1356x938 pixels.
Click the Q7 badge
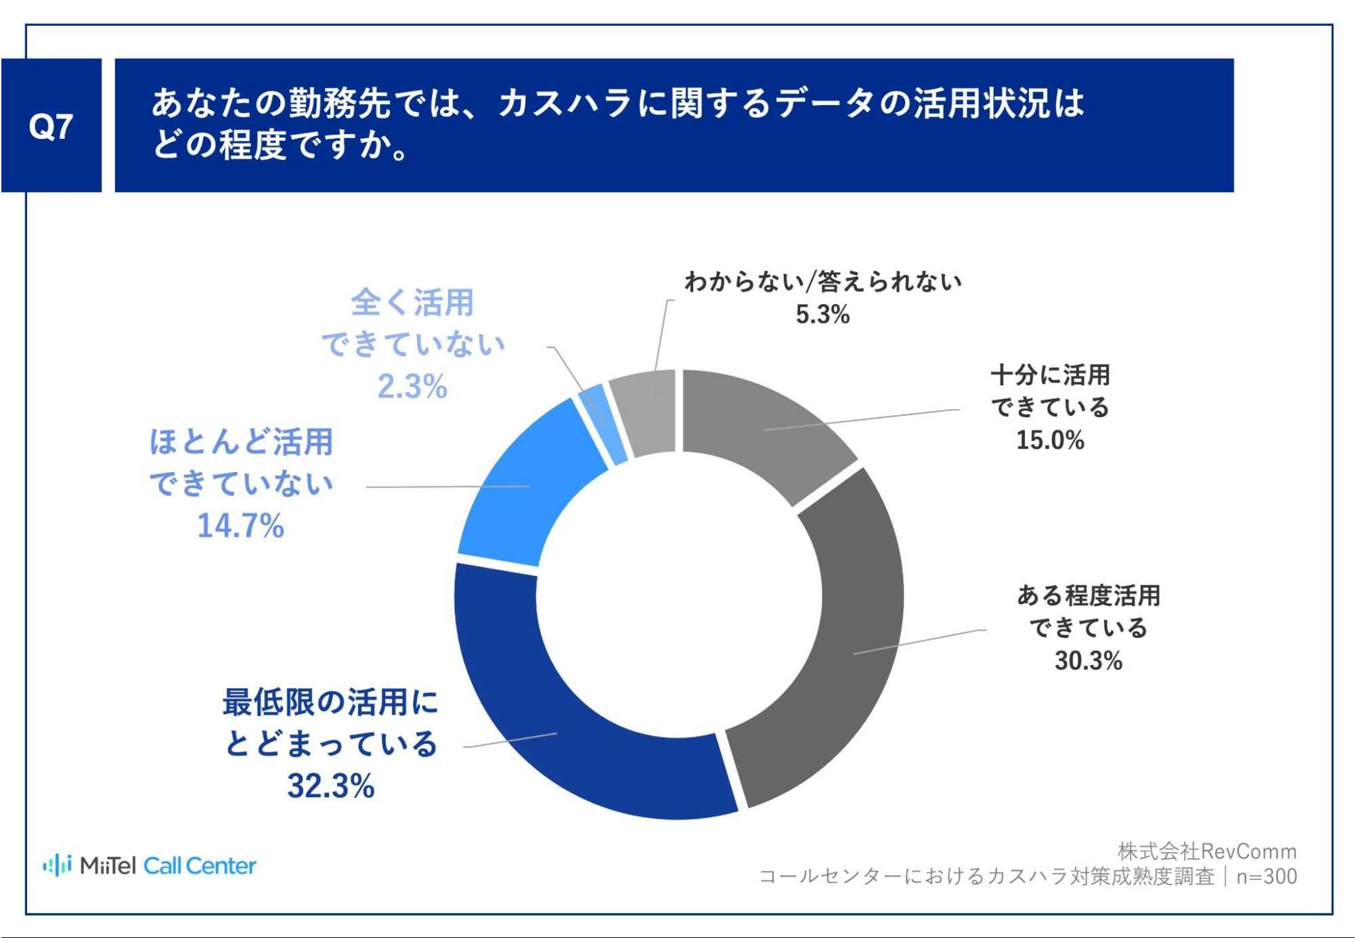point(51,126)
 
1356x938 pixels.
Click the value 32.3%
point(331,786)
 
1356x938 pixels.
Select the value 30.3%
point(1088,660)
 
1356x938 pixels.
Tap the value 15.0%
point(1050,440)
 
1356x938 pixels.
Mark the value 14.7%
point(240,526)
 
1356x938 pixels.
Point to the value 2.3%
point(412,387)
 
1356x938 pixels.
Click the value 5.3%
point(823,314)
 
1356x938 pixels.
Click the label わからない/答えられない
point(823,282)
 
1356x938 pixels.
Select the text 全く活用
point(412,302)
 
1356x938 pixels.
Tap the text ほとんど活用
point(241,442)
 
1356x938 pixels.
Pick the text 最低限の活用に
point(330,702)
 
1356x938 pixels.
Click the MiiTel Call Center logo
point(150,866)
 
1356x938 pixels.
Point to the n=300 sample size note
point(1267,876)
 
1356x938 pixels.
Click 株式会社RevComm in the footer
point(1206,851)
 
